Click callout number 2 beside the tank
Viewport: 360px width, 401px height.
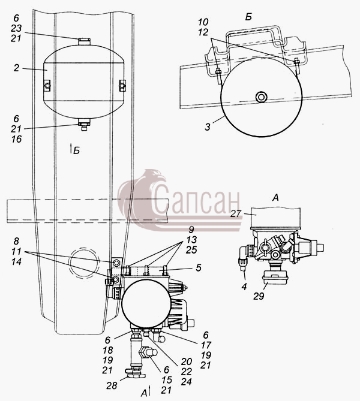point(16,68)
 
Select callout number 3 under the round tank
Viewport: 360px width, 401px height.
point(208,127)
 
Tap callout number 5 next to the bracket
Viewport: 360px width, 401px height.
point(199,268)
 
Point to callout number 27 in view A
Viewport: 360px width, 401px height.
point(236,213)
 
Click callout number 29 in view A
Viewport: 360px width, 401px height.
point(259,296)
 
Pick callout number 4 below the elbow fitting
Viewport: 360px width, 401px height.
point(244,287)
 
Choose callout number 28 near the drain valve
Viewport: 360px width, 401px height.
point(112,385)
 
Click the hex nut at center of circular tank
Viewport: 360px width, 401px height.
point(261,97)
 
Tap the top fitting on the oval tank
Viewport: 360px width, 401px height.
point(84,41)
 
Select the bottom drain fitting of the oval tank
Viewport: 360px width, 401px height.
point(84,124)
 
